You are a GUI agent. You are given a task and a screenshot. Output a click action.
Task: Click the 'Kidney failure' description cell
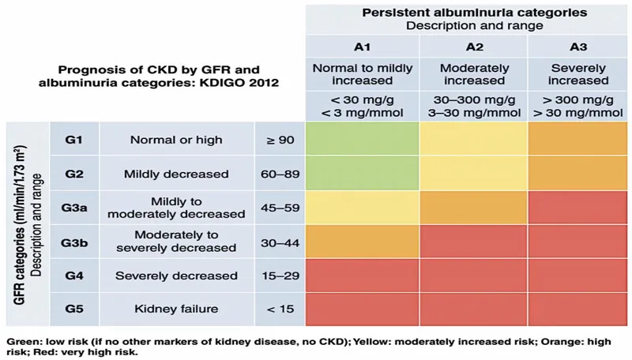click(x=175, y=309)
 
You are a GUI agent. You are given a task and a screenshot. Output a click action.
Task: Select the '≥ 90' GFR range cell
click(x=280, y=140)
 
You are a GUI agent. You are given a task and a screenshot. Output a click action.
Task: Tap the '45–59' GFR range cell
click(x=280, y=207)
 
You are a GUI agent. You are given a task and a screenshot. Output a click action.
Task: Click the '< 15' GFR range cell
click(x=280, y=309)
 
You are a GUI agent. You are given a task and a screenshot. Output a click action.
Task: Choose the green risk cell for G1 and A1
click(x=361, y=140)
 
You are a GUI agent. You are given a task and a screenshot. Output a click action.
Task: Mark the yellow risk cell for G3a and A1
click(x=361, y=207)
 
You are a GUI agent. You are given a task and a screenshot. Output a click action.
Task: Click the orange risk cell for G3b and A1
click(x=361, y=241)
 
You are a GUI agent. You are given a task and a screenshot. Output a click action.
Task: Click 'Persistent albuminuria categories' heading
click(x=474, y=13)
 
